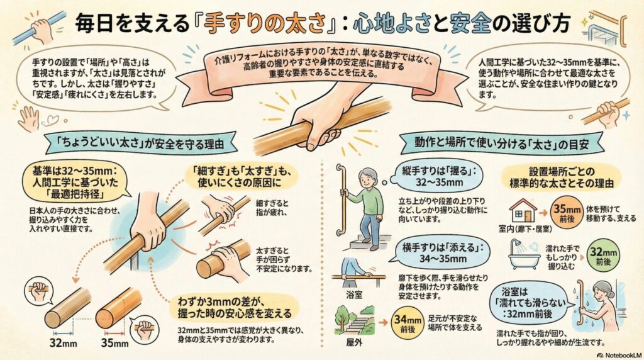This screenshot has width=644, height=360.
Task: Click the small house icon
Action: pos(523,210)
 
